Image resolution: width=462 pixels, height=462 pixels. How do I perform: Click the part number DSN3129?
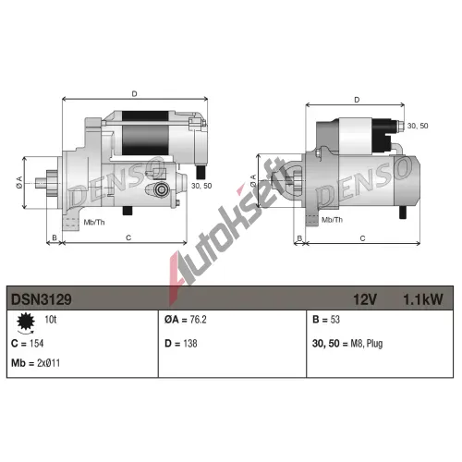coord(42,299)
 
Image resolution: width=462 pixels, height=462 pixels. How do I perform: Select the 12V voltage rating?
coord(365,299)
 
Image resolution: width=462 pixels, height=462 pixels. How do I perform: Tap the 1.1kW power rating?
coord(423,299)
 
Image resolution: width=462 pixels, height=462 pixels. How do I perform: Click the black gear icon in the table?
coord(26,322)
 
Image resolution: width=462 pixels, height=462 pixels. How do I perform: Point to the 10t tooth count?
coord(51,320)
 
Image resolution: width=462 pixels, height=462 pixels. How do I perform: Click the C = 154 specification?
coord(27,344)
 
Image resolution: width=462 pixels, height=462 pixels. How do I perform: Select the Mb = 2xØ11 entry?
coord(35,363)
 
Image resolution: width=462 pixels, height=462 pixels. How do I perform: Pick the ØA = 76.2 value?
coord(186,320)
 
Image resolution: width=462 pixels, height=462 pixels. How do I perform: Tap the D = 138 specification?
coord(181,344)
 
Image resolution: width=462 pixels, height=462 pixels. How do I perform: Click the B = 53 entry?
coord(326,320)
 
